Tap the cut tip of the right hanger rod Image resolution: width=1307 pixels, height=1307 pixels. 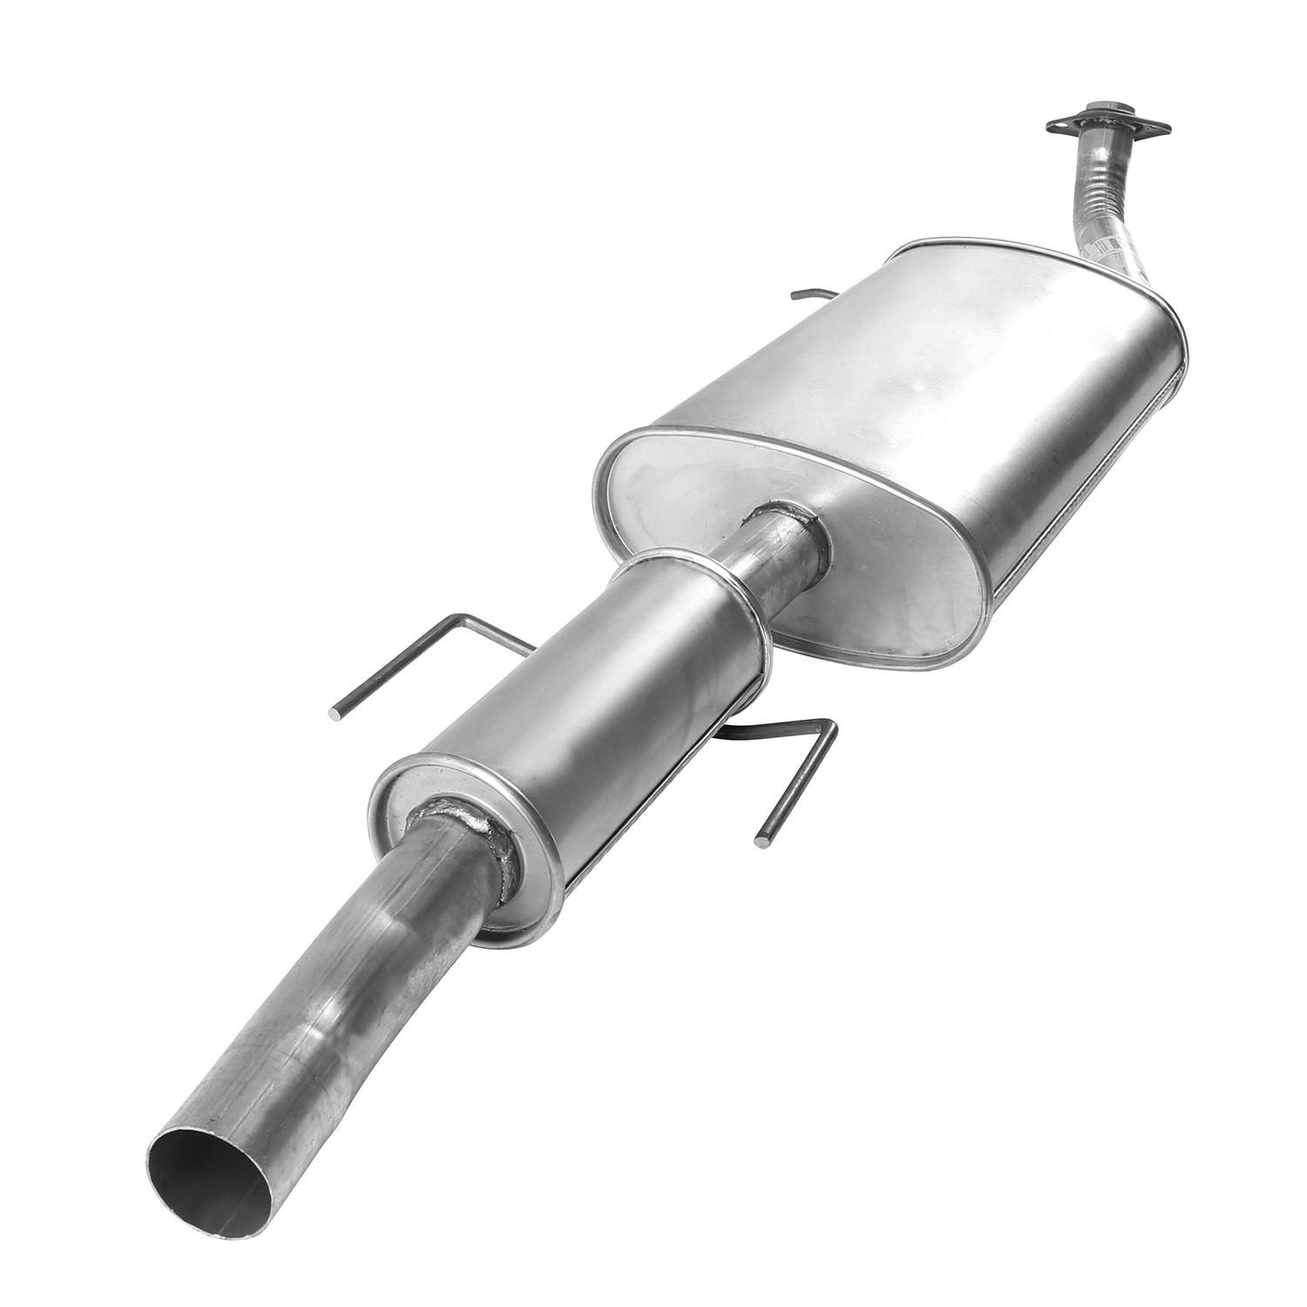tap(764, 841)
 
